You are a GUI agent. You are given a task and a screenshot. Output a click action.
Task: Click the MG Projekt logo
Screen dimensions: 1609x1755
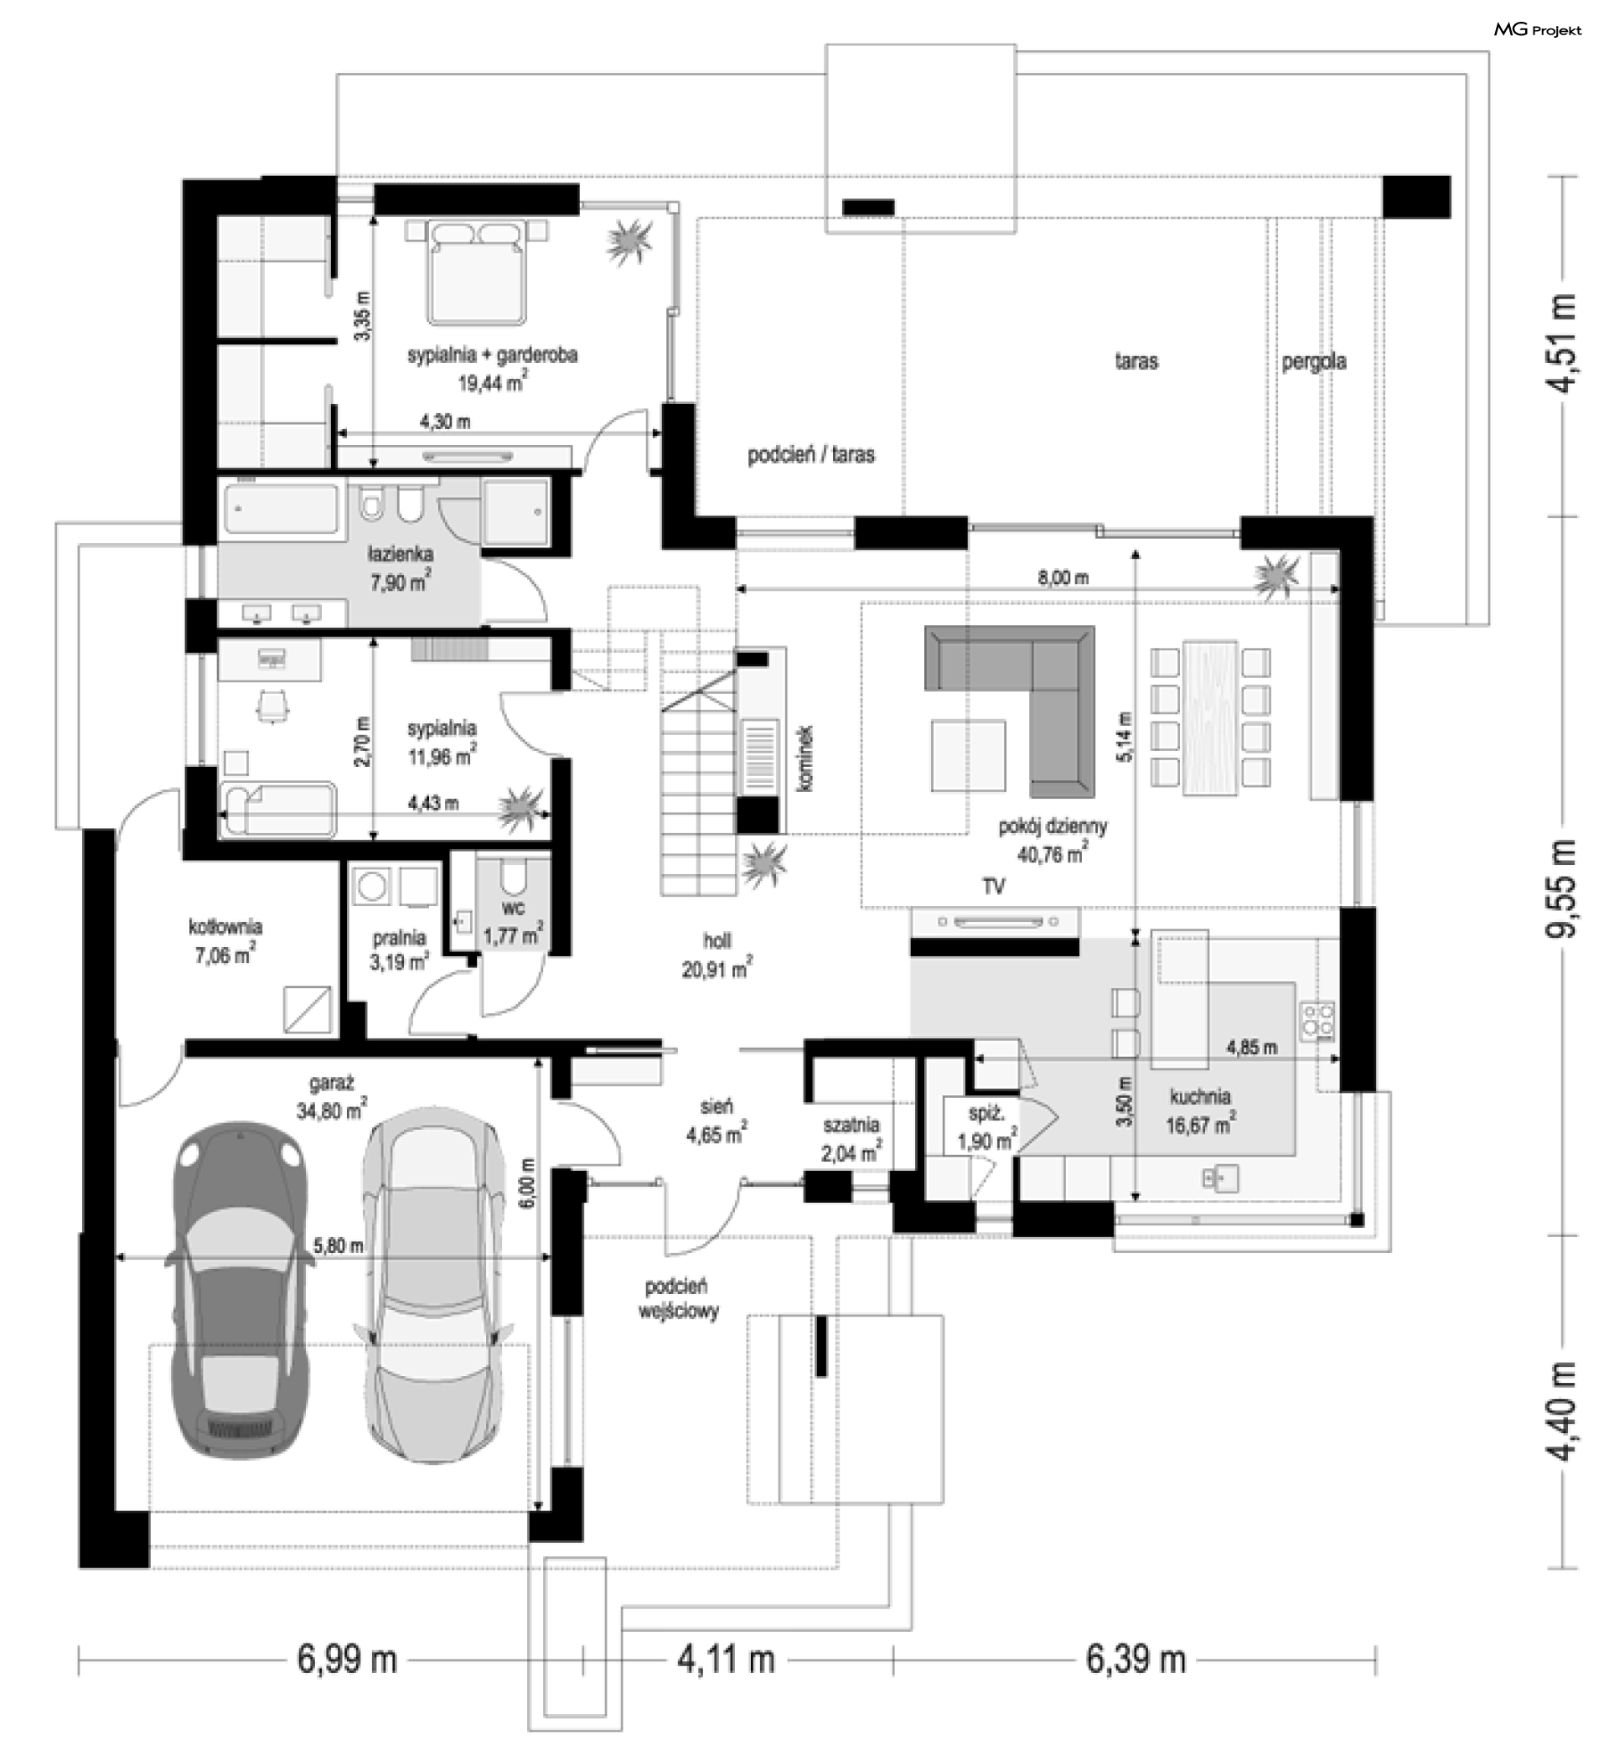coord(1538,29)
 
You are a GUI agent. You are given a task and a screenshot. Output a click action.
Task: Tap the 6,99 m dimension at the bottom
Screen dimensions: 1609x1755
coord(348,1660)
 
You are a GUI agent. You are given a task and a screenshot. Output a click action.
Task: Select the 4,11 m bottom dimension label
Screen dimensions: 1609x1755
coord(726,1660)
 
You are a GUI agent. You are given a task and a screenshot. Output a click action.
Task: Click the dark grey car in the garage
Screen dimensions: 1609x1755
coord(241,1290)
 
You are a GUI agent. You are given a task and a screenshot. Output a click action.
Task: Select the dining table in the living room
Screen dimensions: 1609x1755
coord(1209,718)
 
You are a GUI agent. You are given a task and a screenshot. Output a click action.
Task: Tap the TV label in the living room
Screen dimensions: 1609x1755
coord(993,886)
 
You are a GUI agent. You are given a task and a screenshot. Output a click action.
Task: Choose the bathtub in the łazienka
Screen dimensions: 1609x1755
coord(281,510)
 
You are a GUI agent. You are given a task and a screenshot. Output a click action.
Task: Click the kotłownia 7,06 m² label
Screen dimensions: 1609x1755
coord(225,941)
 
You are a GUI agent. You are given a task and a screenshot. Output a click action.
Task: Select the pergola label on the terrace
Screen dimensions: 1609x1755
coord(1314,361)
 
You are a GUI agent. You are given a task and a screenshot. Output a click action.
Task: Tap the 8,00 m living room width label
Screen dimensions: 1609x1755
coord(1063,577)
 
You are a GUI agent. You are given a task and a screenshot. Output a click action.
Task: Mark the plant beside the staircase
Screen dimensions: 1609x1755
coord(764,863)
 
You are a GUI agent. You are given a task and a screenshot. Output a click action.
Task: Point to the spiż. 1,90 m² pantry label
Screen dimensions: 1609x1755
coord(986,1127)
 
